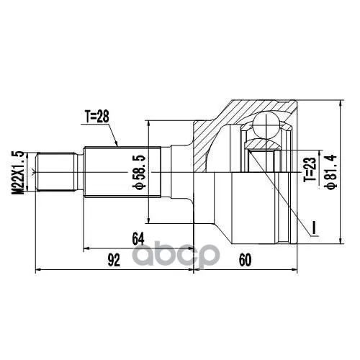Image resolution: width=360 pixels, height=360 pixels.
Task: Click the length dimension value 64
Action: point(139,239)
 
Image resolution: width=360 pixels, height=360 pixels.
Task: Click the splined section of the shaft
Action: point(115,173)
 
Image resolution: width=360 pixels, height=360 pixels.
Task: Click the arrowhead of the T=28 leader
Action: point(117,146)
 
